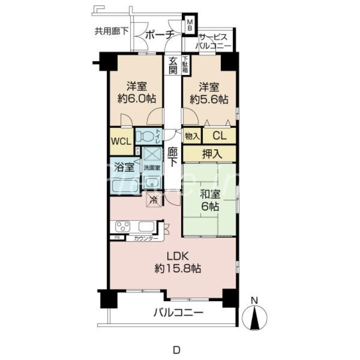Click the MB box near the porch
click(190, 24)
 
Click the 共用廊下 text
click(111, 31)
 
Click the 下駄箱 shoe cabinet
click(186, 65)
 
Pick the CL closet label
click(220, 135)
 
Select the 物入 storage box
click(192, 135)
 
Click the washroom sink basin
click(152, 182)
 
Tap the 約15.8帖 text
click(178, 269)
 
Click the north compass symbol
click(255, 315)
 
